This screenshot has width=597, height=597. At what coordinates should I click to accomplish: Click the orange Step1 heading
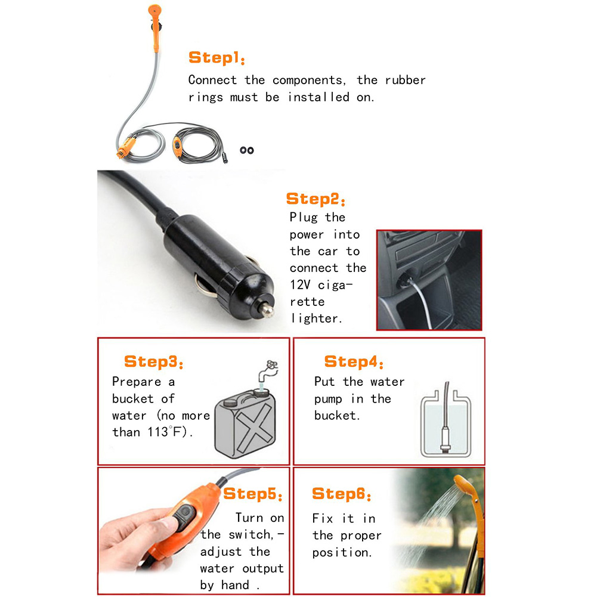pyautogui.click(x=216, y=58)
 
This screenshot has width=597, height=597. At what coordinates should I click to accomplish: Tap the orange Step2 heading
pyautogui.click(x=315, y=199)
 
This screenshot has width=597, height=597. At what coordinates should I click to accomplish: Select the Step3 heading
pyautogui.click(x=154, y=361)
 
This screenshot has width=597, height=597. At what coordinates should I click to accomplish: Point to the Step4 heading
pyautogui.click(x=354, y=361)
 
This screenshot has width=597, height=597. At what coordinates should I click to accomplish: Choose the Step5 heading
pyautogui.click(x=253, y=494)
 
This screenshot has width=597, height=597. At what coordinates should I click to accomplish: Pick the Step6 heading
pyautogui.click(x=342, y=494)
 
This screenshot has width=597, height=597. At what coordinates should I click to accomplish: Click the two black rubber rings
pyautogui.click(x=247, y=150)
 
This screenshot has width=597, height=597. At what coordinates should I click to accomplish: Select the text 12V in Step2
pyautogui.click(x=300, y=285)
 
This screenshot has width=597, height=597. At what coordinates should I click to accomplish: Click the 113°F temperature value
pyautogui.click(x=167, y=432)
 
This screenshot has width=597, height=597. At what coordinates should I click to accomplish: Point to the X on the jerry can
pyautogui.click(x=254, y=427)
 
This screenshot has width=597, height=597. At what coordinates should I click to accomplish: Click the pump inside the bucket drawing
pyautogui.click(x=445, y=438)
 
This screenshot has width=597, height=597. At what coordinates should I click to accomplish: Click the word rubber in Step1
pyautogui.click(x=405, y=80)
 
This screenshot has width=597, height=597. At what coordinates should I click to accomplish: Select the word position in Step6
pyautogui.click(x=342, y=552)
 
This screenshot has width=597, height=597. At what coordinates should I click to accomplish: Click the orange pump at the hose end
pyautogui.click(x=126, y=148)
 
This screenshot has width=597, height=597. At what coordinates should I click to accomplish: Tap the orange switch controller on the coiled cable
pyautogui.click(x=177, y=147)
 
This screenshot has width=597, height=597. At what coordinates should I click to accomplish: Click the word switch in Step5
pyautogui.click(x=251, y=534)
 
